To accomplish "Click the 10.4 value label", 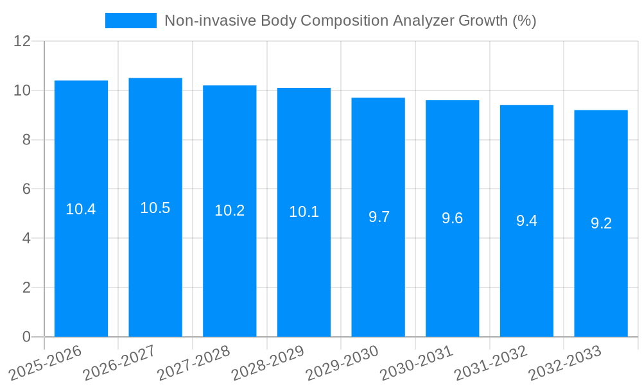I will pyautogui.click(x=81, y=209).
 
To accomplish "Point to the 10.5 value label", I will pyautogui.click(x=155, y=208).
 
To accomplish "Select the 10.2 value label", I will pyautogui.click(x=230, y=210).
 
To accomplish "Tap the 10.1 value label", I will pyautogui.click(x=304, y=212).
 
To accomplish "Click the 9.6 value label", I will pyautogui.click(x=453, y=218).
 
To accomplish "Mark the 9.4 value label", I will pyautogui.click(x=526, y=221).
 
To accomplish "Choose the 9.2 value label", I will pyautogui.click(x=601, y=223).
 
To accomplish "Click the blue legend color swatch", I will pyautogui.click(x=131, y=21).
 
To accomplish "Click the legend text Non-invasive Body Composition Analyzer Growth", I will pyautogui.click(x=350, y=21).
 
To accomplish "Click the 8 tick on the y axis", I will pyautogui.click(x=26, y=140).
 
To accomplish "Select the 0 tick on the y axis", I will pyautogui.click(x=26, y=337).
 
